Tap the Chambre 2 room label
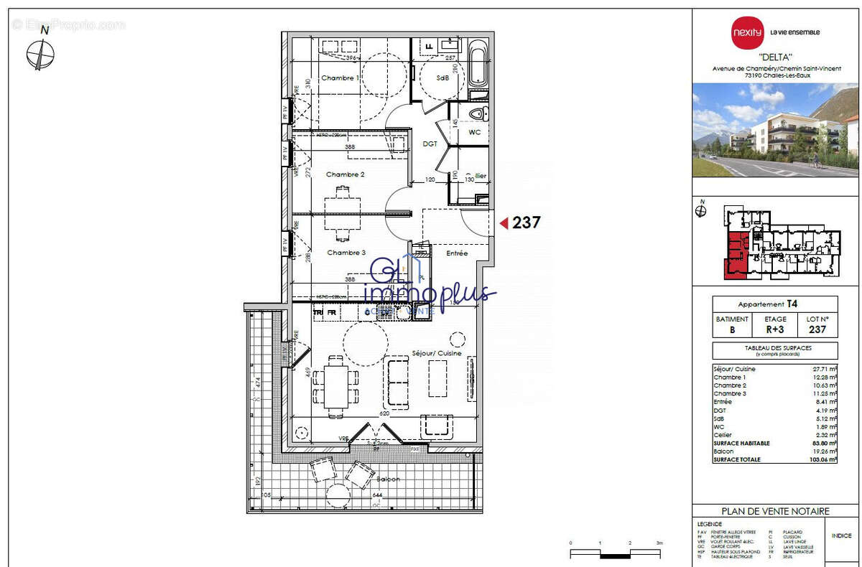(346, 174)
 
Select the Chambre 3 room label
(346, 253)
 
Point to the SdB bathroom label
(443, 78)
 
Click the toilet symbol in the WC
(477, 114)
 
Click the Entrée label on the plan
(457, 253)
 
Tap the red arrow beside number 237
(504, 223)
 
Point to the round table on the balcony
(338, 495)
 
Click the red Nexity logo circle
(747, 32)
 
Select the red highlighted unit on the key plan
(735, 255)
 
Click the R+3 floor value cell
(775, 330)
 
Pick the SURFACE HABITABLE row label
(741, 444)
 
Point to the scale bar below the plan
(615, 553)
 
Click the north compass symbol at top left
(42, 55)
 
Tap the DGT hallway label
(430, 144)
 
